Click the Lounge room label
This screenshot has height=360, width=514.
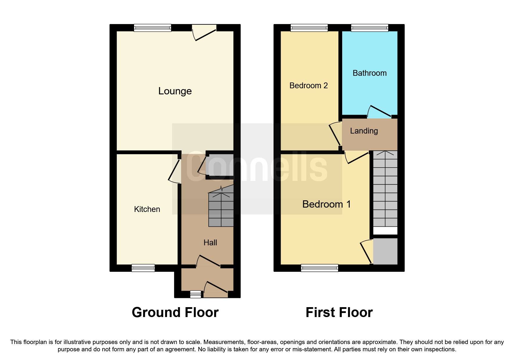[175, 91]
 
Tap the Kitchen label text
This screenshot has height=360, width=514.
[147, 209]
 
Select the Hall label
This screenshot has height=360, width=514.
[210, 243]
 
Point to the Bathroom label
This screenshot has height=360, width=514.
[369, 73]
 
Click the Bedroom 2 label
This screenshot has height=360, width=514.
[309, 86]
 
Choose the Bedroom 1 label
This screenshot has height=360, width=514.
[326, 204]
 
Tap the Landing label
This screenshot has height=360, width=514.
[364, 131]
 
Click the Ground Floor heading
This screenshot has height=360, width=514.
[175, 313]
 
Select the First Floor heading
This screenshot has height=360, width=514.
[339, 313]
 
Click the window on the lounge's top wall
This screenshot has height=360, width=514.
[152, 28]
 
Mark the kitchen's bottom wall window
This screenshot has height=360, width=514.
[143, 268]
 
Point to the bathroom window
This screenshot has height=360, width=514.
[369, 28]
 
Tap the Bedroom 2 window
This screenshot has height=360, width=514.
[309, 28]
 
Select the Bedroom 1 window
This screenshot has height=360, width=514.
[319, 268]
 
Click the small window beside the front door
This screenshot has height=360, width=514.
[195, 294]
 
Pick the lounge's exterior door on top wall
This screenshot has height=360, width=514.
[204, 32]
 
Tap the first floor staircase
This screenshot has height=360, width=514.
[385, 189]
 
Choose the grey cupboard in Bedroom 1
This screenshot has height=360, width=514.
[385, 251]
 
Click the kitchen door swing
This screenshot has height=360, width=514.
[175, 171]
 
